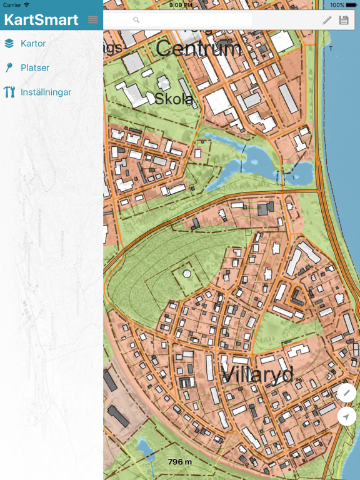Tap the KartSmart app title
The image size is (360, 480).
click(41, 20)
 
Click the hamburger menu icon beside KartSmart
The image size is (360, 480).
click(93, 20)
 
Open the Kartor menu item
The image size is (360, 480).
click(33, 44)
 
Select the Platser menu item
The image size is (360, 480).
click(35, 67)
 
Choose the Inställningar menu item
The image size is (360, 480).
click(46, 92)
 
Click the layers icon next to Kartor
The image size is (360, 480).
click(9, 44)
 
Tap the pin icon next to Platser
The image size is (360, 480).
click(9, 67)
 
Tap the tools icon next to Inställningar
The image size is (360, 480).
click(9, 92)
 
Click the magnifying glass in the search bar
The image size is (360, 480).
click(136, 20)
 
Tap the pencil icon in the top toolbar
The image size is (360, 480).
click(327, 20)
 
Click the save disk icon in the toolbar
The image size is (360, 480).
click(344, 20)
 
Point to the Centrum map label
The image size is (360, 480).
click(198, 49)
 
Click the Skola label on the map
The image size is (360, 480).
click(174, 99)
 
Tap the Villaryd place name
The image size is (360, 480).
click(257, 374)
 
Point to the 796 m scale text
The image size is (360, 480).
click(179, 462)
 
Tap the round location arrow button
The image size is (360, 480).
click(346, 416)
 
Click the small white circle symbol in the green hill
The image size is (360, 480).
click(186, 274)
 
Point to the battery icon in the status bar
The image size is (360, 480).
click(352, 5)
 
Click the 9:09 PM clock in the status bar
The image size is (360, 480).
click(180, 5)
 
